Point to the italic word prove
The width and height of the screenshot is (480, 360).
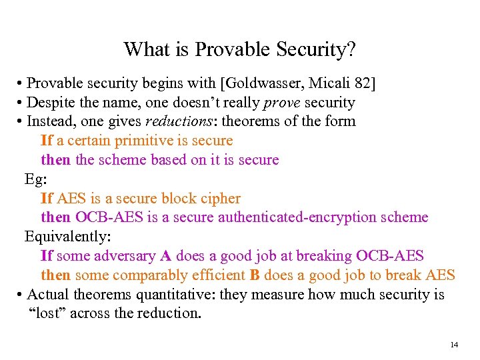pyautogui.click(x=282, y=103)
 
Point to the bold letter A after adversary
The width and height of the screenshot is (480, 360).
pyautogui.click(x=165, y=256)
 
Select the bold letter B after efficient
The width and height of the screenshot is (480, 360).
pyautogui.click(x=255, y=275)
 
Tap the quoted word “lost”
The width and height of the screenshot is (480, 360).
pyautogui.click(x=47, y=314)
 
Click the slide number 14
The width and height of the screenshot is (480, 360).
pyautogui.click(x=454, y=345)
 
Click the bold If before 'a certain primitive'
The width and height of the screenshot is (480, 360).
pyautogui.click(x=47, y=141)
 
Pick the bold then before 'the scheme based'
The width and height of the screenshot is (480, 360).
pyautogui.click(x=55, y=160)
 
